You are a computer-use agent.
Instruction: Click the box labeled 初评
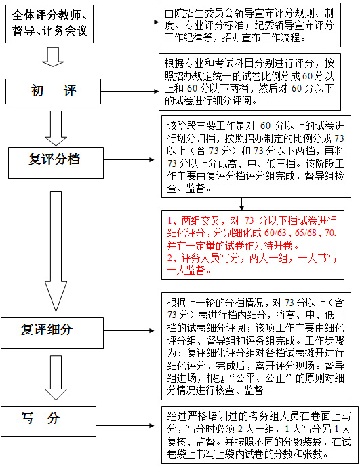(53, 92)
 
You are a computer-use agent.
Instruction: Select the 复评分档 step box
(56, 163)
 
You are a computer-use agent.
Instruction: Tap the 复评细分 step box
(52, 333)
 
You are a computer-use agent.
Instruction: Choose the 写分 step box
(48, 421)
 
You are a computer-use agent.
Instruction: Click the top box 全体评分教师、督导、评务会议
(49, 24)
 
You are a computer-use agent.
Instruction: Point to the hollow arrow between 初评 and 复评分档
(56, 128)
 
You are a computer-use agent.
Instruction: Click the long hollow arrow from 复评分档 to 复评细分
(56, 251)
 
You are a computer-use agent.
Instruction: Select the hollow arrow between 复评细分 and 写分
(56, 378)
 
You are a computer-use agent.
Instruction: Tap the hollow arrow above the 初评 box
(53, 57)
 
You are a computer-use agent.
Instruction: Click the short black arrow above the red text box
(242, 204)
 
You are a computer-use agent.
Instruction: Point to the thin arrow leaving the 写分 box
(125, 425)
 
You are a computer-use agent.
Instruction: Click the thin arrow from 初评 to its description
(129, 92)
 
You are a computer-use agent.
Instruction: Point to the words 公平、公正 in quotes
(264, 378)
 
